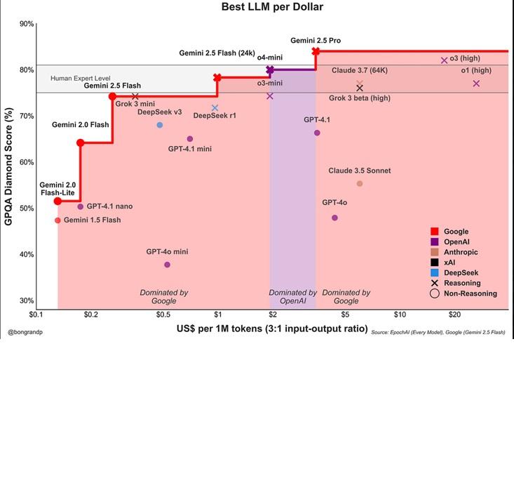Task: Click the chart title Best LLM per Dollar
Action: point(273,7)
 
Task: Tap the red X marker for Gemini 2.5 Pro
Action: point(316,51)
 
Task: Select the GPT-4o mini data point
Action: point(167,265)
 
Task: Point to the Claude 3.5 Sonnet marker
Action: point(360,184)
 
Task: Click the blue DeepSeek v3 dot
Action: point(160,125)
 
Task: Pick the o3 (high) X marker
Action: point(444,60)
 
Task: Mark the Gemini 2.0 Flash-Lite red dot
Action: point(58,201)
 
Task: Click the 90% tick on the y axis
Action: point(27,24)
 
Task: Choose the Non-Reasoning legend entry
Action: point(470,293)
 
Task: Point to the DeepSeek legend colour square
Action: point(435,272)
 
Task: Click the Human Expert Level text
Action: point(81,78)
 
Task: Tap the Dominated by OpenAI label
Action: point(293,296)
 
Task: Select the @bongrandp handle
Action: point(25,331)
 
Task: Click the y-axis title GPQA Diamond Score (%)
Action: point(9,166)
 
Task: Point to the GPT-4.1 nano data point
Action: point(81,206)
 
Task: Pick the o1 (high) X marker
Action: point(476,84)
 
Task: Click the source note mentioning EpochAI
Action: point(438,331)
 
